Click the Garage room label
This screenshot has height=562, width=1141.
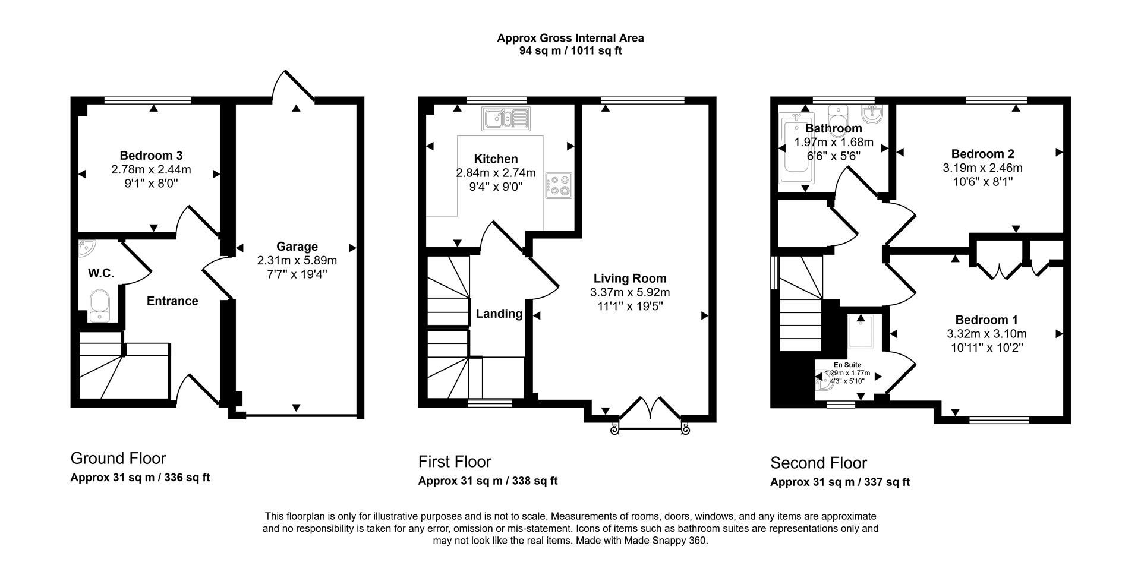[x=297, y=246]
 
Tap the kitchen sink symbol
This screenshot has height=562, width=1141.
[x=505, y=118]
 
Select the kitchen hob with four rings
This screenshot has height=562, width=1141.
[x=558, y=185]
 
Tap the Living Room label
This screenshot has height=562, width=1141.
[x=629, y=278]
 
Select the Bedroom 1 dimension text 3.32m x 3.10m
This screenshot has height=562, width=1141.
[x=986, y=334]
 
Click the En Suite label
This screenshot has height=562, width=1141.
[x=847, y=365]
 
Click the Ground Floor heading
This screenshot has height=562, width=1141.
[x=118, y=458]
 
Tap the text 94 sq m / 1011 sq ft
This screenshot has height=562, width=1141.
[x=570, y=51]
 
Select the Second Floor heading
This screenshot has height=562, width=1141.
[x=818, y=462]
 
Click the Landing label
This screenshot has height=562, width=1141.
[x=499, y=314]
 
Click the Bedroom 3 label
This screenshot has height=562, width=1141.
[x=151, y=156]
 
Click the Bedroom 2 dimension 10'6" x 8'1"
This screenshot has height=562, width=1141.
[x=982, y=181]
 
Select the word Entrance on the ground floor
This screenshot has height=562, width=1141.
[x=172, y=301]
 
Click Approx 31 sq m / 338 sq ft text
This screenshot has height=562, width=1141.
[x=487, y=481]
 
